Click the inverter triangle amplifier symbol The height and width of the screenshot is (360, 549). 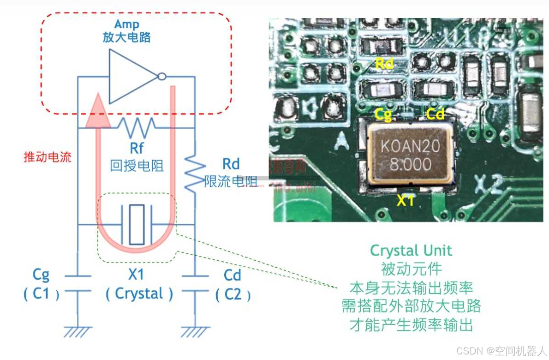(131, 76)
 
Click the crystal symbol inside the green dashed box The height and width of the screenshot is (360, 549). (137, 225)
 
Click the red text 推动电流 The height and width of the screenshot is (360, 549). (48, 157)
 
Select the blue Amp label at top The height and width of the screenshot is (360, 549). (126, 24)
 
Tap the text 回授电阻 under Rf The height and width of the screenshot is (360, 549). (137, 166)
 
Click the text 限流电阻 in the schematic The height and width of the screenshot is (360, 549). (231, 181)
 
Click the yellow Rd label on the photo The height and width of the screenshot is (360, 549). (384, 64)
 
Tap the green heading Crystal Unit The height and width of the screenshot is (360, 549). (411, 251)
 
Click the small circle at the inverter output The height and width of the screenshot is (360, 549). (161, 77)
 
